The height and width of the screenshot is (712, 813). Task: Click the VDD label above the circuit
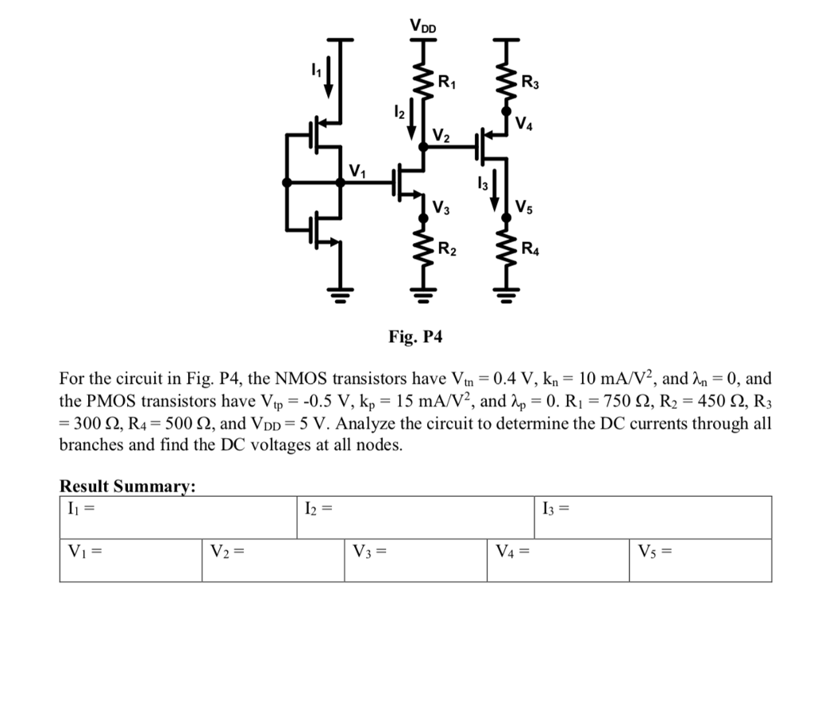pyautogui.click(x=422, y=27)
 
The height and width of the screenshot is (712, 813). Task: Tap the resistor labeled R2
pyautogui.click(x=422, y=250)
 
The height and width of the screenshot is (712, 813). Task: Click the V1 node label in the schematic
pyautogui.click(x=358, y=170)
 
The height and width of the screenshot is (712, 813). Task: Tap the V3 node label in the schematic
pyautogui.click(x=441, y=209)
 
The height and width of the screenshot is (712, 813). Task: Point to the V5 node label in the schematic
pyautogui.click(x=523, y=209)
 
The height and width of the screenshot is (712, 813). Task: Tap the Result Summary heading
pyautogui.click(x=128, y=485)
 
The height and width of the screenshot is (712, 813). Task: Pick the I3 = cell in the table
pyautogui.click(x=653, y=517)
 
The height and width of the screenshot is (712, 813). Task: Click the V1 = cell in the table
pyautogui.click(x=130, y=560)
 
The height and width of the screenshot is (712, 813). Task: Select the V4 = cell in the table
pyautogui.click(x=557, y=560)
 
